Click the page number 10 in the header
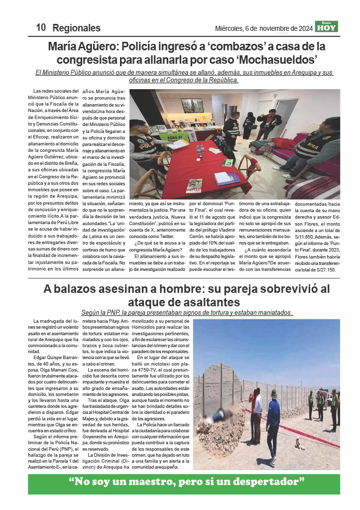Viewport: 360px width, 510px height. [x=40, y=28]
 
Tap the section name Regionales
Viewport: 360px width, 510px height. [x=76, y=28]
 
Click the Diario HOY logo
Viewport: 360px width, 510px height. [x=327, y=27]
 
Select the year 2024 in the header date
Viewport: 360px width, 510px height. [x=302, y=28]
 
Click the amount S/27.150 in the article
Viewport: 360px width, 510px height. [x=323, y=270]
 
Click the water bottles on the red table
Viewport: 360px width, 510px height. [x=200, y=148]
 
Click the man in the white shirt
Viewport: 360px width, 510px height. [x=256, y=416]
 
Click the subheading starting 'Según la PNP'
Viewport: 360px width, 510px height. [x=188, y=313]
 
